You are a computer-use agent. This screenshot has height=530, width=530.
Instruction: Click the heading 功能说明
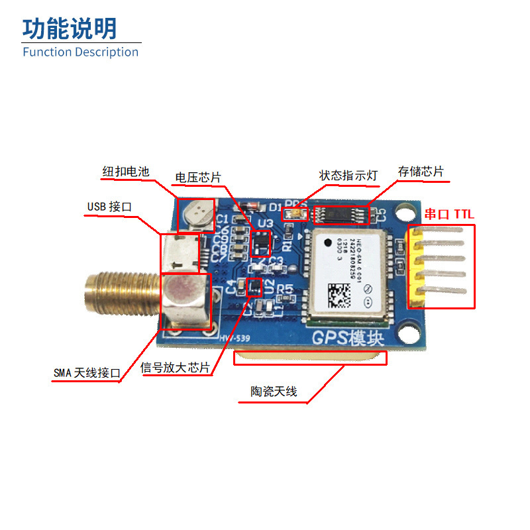(70, 29)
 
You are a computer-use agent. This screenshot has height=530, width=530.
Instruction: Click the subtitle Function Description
(80, 52)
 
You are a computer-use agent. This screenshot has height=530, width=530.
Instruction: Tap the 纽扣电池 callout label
(126, 171)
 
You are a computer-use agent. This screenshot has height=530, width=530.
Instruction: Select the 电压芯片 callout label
(197, 177)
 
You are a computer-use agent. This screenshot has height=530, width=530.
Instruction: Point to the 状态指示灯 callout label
(348, 175)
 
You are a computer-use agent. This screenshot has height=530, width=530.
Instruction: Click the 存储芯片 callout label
(421, 172)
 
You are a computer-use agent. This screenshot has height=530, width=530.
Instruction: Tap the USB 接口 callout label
(109, 207)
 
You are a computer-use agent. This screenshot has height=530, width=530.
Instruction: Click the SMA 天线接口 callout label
(87, 373)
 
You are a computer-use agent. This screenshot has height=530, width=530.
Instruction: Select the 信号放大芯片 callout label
(176, 368)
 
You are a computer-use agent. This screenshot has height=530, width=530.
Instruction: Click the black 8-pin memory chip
(340, 215)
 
